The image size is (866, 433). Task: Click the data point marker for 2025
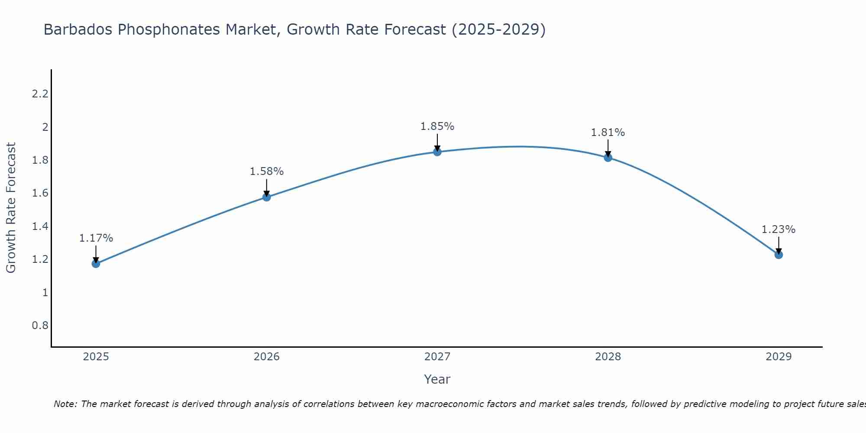pyautogui.click(x=96, y=263)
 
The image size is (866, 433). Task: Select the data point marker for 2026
pyautogui.click(x=267, y=197)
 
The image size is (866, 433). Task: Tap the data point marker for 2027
pyautogui.click(x=437, y=152)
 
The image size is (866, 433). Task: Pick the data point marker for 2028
pyautogui.click(x=608, y=158)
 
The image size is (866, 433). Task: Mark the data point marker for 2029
pyautogui.click(x=779, y=255)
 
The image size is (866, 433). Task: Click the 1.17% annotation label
pyautogui.click(x=96, y=238)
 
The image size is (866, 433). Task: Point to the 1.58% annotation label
pyautogui.click(x=267, y=171)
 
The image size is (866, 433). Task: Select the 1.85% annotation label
pyautogui.click(x=437, y=126)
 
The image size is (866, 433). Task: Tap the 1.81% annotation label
pyautogui.click(x=608, y=132)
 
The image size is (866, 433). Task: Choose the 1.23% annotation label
pyautogui.click(x=779, y=229)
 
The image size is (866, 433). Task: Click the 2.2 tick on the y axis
pyautogui.click(x=40, y=94)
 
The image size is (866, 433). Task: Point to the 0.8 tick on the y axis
pyautogui.click(x=40, y=325)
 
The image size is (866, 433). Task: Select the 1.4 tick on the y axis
pyautogui.click(x=40, y=226)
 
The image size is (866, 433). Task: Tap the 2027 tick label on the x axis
pyautogui.click(x=437, y=357)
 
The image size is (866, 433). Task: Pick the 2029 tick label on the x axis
pyautogui.click(x=779, y=357)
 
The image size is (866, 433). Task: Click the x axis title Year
pyautogui.click(x=437, y=379)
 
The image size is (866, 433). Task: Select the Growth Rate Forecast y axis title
pyautogui.click(x=11, y=208)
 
